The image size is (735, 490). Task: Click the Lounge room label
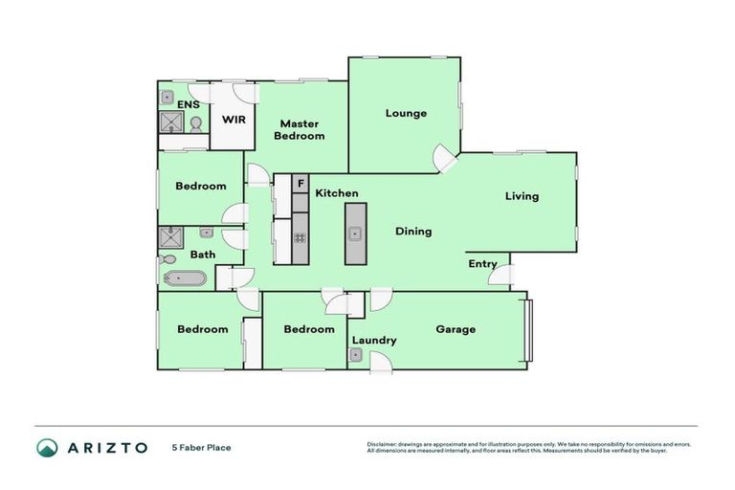[406, 113]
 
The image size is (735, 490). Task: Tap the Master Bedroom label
[299, 129]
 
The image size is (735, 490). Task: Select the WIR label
[233, 120]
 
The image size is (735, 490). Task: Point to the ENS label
[188, 103]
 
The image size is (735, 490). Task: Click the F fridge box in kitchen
[300, 183]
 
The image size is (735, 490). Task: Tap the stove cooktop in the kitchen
[300, 238]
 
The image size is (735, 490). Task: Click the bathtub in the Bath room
[184, 278]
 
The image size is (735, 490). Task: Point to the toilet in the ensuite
[196, 124]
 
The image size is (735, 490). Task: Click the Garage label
[456, 329]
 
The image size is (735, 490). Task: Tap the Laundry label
[374, 340]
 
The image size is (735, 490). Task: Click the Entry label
[482, 264]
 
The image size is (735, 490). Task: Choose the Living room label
[522, 196]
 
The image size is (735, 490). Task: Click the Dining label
[413, 231]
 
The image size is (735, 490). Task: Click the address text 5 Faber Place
[201, 447]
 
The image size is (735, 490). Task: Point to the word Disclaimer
[381, 444]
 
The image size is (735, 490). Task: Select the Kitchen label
[337, 193]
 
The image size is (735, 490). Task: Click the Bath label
[202, 255]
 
